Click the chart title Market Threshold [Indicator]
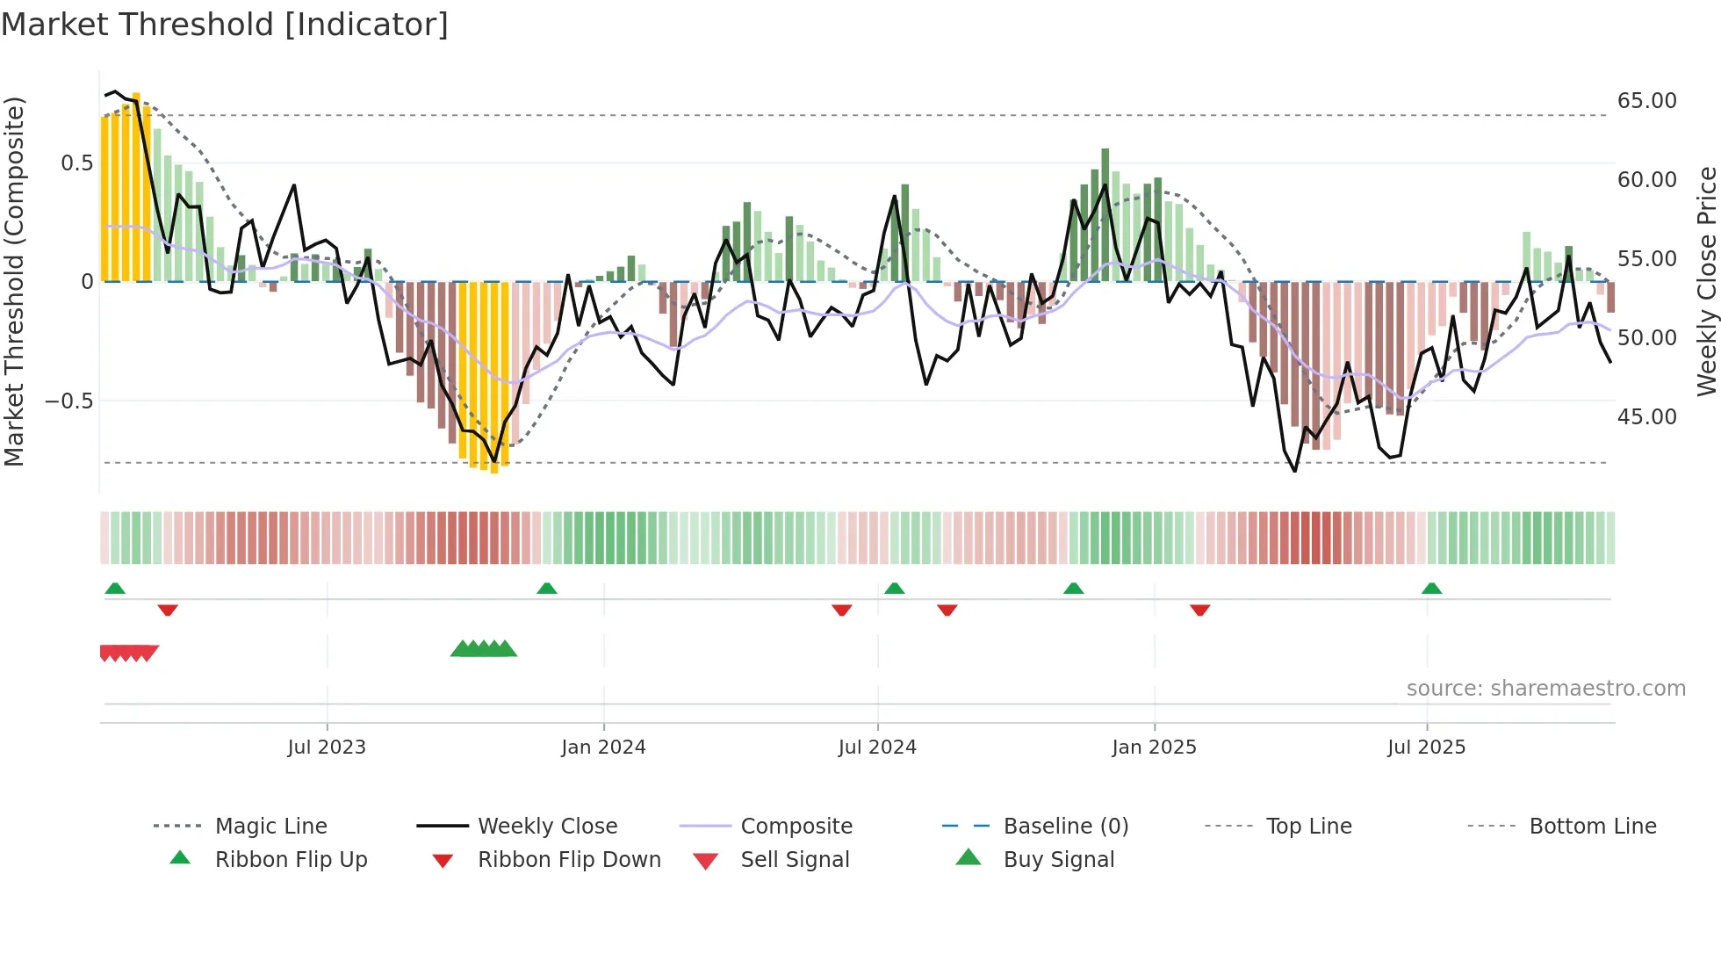tap(225, 25)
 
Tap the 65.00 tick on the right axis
tap(1646, 101)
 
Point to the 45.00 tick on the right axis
tap(1646, 417)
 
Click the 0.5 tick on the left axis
tap(76, 163)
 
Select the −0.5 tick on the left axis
tap(68, 401)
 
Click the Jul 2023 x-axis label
tap(327, 748)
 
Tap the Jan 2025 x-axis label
tap(1154, 748)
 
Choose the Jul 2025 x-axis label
tap(1426, 748)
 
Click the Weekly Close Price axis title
tap(1706, 281)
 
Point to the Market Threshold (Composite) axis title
tap(14, 281)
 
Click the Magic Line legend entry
tap(270, 827)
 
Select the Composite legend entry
tap(796, 827)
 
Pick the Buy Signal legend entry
tap(1058, 860)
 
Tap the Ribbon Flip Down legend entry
tap(568, 860)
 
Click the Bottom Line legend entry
tap(1592, 827)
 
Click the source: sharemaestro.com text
tap(1545, 689)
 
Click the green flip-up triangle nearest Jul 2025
tap(1431, 589)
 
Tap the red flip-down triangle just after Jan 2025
tap(1199, 610)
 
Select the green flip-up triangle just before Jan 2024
tap(547, 589)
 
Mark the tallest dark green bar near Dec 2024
tap(1105, 215)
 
